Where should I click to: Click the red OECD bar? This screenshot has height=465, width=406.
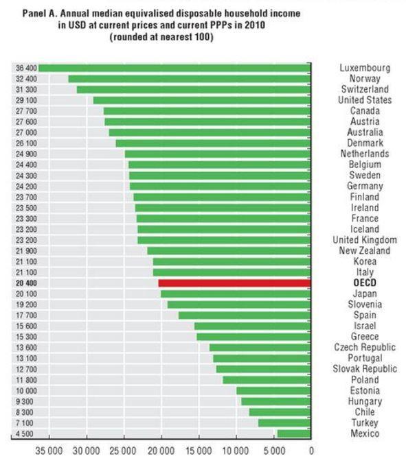(234, 283)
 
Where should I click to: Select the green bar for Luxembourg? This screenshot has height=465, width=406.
(174, 68)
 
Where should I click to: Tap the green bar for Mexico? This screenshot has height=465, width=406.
(294, 433)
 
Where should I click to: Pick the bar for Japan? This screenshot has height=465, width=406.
(236, 294)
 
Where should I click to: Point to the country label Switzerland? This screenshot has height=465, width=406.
(364, 89)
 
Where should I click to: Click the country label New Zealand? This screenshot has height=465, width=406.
(364, 251)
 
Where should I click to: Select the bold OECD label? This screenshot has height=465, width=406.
(364, 283)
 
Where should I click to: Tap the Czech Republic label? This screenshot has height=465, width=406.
(364, 348)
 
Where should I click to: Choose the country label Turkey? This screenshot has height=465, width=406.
(364, 423)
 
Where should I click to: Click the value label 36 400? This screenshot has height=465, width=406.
(26, 68)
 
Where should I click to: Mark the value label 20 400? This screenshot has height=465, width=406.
(26, 283)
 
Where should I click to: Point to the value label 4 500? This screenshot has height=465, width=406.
(26, 433)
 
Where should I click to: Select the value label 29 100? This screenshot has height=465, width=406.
(26, 100)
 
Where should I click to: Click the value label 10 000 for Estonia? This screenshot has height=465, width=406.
(26, 391)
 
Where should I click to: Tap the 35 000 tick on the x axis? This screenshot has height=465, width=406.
(49, 451)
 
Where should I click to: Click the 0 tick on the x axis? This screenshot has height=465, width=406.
(311, 451)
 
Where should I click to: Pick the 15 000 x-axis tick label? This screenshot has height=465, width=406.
(199, 451)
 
